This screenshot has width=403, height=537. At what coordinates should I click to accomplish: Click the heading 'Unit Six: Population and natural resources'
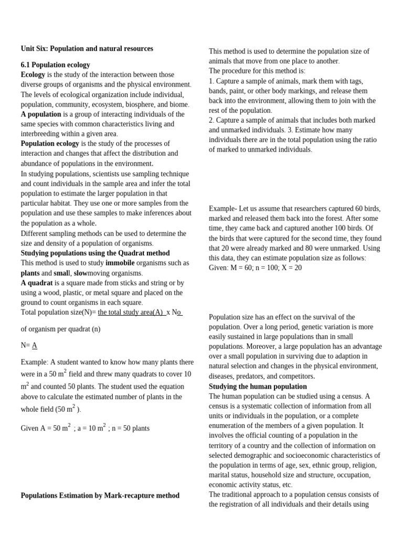pyautogui.click(x=87, y=49)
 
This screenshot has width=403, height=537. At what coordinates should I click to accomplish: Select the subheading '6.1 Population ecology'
pyautogui.click(x=55, y=65)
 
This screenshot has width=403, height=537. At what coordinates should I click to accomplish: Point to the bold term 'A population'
pyautogui.click(x=41, y=114)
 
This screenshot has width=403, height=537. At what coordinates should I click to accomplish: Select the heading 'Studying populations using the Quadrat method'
pyautogui.click(x=95, y=253)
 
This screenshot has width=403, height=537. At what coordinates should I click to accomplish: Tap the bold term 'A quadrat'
pyautogui.click(x=37, y=283)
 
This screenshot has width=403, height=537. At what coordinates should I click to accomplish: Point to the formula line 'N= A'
pyautogui.click(x=29, y=346)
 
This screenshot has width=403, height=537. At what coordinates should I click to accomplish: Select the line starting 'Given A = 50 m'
pyautogui.click(x=85, y=428)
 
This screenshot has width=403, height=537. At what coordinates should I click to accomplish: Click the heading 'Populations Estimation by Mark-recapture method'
pyautogui.click(x=100, y=496)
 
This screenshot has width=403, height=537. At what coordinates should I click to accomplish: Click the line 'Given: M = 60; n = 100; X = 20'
pyautogui.click(x=255, y=268)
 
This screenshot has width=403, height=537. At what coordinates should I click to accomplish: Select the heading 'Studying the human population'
pyautogui.click(x=258, y=386)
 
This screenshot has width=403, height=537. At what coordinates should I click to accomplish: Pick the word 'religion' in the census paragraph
pyautogui.click(x=363, y=465)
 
